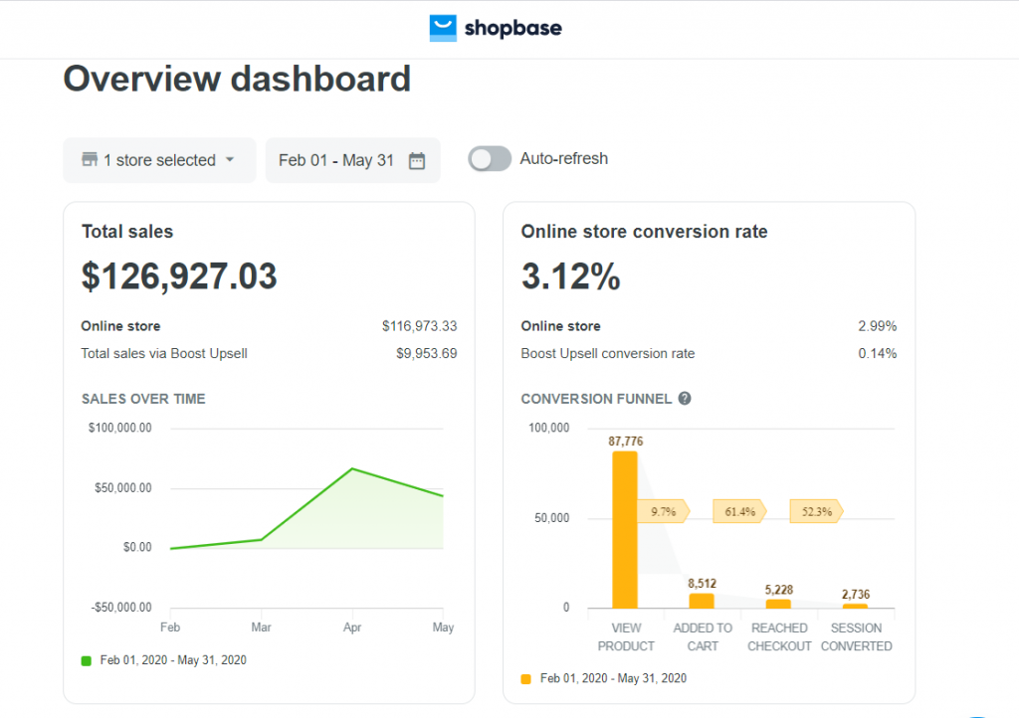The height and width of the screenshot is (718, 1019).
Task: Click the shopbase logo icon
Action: pyautogui.click(x=443, y=28)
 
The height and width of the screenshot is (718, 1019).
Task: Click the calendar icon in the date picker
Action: pyautogui.click(x=417, y=160)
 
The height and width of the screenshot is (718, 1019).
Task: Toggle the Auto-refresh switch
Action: pyautogui.click(x=490, y=159)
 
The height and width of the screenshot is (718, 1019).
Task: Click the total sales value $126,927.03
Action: pyautogui.click(x=179, y=276)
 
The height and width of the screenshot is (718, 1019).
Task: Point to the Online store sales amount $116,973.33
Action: pyautogui.click(x=419, y=326)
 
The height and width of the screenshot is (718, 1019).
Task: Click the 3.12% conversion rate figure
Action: pyautogui.click(x=570, y=276)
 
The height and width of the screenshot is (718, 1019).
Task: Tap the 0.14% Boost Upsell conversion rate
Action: pyautogui.click(x=878, y=353)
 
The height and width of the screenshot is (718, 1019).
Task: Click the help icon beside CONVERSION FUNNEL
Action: pyautogui.click(x=685, y=399)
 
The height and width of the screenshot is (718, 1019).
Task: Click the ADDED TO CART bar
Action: pyautogui.click(x=702, y=601)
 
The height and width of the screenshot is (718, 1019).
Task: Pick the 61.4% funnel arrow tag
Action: pyautogui.click(x=738, y=512)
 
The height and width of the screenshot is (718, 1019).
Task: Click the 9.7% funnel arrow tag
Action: pyautogui.click(x=663, y=512)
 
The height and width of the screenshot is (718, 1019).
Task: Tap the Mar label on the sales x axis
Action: pyautogui.click(x=261, y=628)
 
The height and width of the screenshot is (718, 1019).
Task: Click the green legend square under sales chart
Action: pyautogui.click(x=87, y=660)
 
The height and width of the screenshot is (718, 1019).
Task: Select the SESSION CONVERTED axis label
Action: pyautogui.click(x=856, y=636)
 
